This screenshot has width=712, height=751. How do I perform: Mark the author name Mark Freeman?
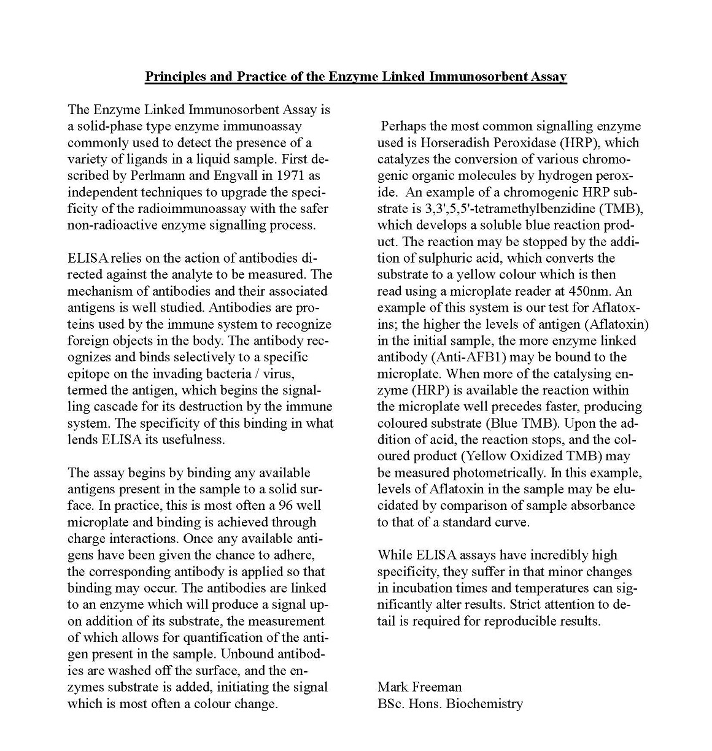[419, 687]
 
